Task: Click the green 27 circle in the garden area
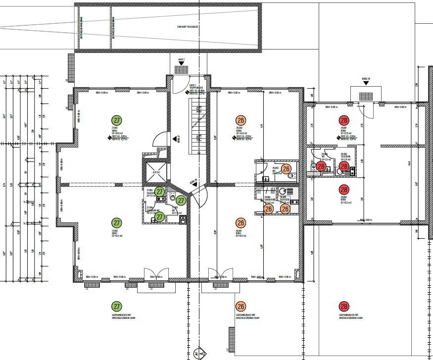(116, 307)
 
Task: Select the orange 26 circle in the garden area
(241, 307)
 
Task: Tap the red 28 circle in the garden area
(344, 307)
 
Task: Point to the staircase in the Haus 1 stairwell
(196, 119)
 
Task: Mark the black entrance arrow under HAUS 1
(181, 65)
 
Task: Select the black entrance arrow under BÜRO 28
(366, 83)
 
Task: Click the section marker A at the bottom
(199, 353)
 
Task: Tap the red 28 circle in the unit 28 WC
(321, 166)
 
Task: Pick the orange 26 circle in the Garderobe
(268, 209)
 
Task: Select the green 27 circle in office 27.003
(116, 120)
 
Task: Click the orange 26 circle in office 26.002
(241, 120)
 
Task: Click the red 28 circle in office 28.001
(344, 120)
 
